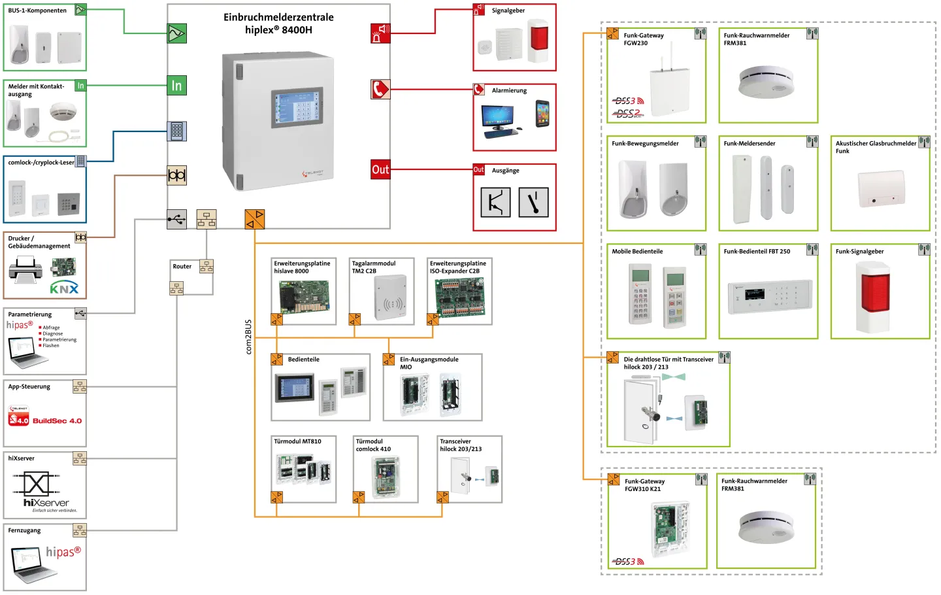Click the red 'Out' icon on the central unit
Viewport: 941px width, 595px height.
[x=380, y=169]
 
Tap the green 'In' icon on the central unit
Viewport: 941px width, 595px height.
[x=176, y=86]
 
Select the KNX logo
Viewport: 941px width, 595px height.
[x=64, y=288]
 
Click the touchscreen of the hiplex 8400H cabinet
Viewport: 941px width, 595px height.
[x=298, y=107]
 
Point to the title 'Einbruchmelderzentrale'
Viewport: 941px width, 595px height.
[x=278, y=17]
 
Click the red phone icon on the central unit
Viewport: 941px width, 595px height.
[x=380, y=89]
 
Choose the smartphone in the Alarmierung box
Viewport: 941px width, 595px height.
[x=542, y=114]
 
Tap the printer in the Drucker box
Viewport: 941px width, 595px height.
[x=25, y=270]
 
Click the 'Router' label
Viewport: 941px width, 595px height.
[x=182, y=266]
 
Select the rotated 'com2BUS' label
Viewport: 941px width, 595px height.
[x=248, y=337]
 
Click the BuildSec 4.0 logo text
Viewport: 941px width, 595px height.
[x=57, y=421]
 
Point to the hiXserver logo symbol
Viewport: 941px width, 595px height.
[x=37, y=484]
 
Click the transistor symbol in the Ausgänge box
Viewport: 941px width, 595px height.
[x=495, y=202]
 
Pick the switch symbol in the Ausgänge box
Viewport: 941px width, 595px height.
[x=533, y=202]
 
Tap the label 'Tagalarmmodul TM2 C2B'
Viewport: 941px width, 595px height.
[x=373, y=267]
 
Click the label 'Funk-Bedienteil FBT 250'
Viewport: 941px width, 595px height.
[x=757, y=251]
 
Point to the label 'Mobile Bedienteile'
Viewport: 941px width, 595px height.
[x=637, y=251]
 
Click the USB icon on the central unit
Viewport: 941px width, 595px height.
[x=176, y=220]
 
